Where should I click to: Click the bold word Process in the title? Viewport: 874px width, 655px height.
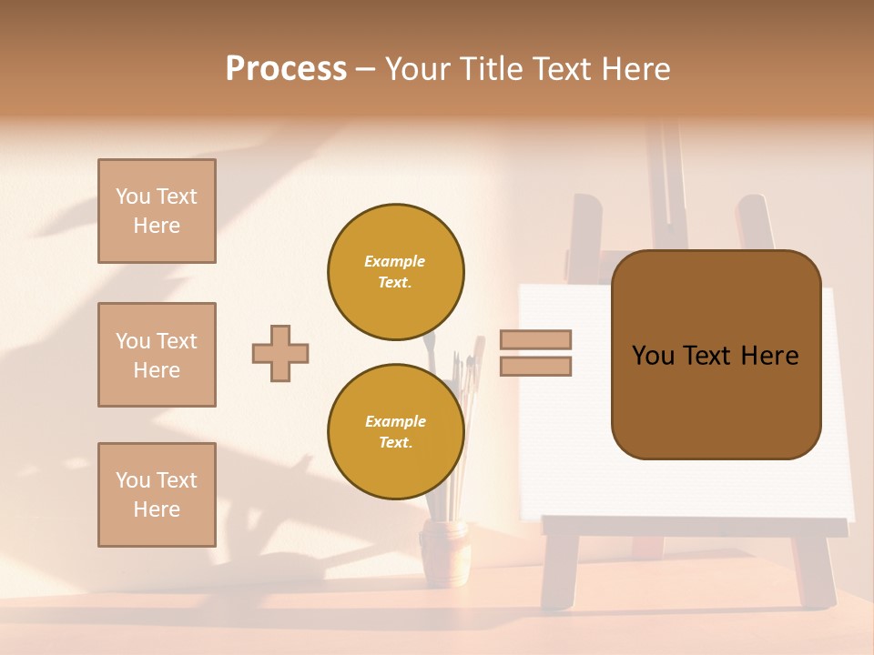click(286, 69)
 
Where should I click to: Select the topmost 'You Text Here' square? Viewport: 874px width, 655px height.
click(157, 211)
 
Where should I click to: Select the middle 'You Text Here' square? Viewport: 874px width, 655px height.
click(157, 355)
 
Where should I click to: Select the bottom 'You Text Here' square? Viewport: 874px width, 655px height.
click(157, 495)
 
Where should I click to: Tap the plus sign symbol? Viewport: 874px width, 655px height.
click(280, 353)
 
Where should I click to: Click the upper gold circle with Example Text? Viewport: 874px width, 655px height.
click(396, 272)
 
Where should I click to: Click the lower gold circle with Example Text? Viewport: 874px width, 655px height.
click(396, 432)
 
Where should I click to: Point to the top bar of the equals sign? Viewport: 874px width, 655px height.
click(535, 339)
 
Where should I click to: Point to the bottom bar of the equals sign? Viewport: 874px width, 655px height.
click(535, 366)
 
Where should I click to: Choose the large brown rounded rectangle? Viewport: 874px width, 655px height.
click(716, 355)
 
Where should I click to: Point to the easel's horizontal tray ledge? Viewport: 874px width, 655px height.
click(692, 526)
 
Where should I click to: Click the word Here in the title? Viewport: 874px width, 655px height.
click(631, 69)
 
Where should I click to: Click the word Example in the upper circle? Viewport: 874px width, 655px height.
click(395, 261)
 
